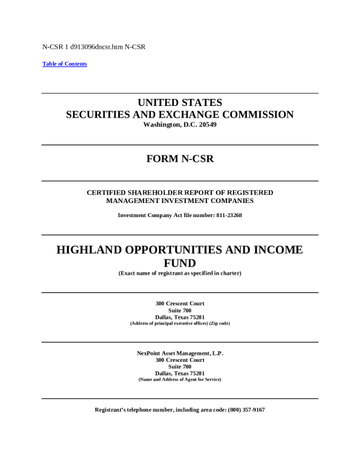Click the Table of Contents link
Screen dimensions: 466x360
point(65,64)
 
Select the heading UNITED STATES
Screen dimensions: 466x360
point(179,103)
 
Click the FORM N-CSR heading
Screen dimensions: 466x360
point(179,159)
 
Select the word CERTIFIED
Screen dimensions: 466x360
point(108,192)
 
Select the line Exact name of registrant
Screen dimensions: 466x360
point(179,273)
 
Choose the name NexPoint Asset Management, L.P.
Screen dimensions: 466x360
point(179,353)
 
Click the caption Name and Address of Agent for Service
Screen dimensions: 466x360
point(179,380)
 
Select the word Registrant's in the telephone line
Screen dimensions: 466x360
point(112,410)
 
